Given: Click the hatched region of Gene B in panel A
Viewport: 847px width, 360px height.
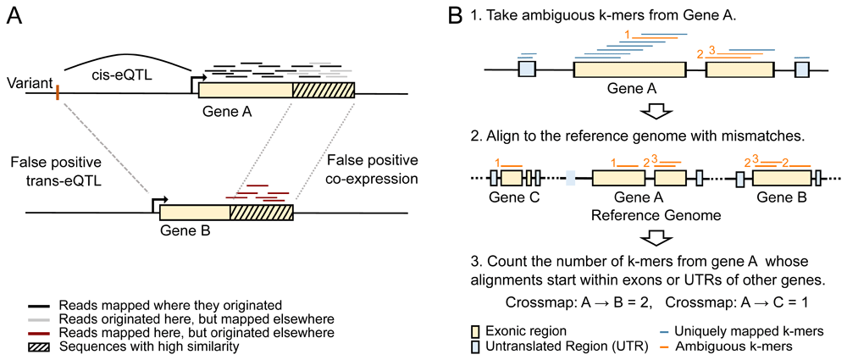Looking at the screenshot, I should [261, 212].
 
